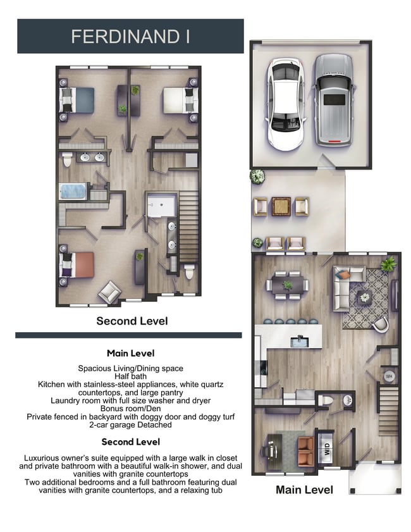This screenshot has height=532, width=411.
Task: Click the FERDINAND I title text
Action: (x=130, y=36)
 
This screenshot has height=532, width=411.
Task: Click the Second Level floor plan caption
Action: (x=132, y=321)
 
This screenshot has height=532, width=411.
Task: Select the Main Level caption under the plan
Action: (x=304, y=490)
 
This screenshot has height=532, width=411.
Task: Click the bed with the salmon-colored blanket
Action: (x=77, y=264)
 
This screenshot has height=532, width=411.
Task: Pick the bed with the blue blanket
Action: (x=77, y=101)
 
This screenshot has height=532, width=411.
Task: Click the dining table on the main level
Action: (x=286, y=285)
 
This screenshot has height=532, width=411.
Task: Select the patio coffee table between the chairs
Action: (x=281, y=206)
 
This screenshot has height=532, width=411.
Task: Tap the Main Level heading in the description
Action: (x=130, y=353)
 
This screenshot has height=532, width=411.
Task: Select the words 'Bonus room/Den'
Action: (x=130, y=409)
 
